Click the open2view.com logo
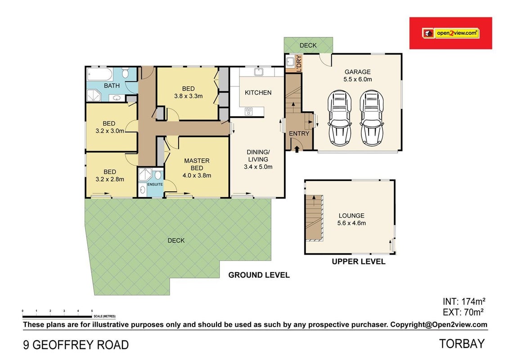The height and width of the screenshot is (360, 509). tap(450, 33)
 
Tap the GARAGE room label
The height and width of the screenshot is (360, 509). tap(357, 72)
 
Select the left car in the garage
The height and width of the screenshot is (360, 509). tap(339, 118)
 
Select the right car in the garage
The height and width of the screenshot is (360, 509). tap(371, 118)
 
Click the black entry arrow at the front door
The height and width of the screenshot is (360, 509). tap(297, 148)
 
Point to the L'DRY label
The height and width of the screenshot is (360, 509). tap(299, 63)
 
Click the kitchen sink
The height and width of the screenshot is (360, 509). tap(259, 72)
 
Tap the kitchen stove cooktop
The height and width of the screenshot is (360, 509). tap(249, 111)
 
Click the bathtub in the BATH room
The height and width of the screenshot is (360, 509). tap(99, 74)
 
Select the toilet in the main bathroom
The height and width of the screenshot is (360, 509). tap(126, 73)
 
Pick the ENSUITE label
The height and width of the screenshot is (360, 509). tap(155, 184)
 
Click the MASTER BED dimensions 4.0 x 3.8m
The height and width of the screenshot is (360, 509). tap(197, 175)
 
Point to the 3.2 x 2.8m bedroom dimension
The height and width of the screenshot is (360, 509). tap(110, 179)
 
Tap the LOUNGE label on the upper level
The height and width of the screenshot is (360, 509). tap(351, 216)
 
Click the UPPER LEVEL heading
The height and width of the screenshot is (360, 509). tap(359, 261)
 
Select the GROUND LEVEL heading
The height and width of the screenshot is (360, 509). tap(259, 275)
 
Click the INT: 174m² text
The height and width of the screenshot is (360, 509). tap(464, 301)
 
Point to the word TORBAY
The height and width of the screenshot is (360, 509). tap(462, 344)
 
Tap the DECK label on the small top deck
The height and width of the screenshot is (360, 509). tap(308, 45)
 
